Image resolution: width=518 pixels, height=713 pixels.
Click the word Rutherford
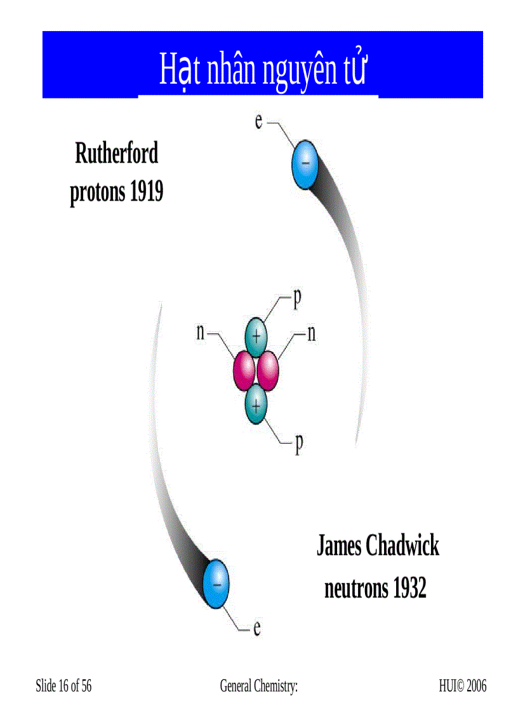(x=116, y=153)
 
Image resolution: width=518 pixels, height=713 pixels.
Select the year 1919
(x=147, y=192)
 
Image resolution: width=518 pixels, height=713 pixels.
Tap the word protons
(x=97, y=193)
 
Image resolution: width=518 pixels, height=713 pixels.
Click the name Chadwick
(x=402, y=545)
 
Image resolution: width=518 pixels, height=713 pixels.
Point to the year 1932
(x=409, y=588)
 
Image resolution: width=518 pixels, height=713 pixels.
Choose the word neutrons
(x=356, y=589)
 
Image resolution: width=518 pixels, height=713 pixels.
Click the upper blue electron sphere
(x=305, y=164)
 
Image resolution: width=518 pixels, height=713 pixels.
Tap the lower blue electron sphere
(x=216, y=584)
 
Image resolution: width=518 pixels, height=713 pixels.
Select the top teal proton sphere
(x=256, y=337)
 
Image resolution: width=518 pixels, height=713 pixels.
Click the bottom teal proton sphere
(x=256, y=404)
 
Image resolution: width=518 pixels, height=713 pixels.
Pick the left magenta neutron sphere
(x=244, y=371)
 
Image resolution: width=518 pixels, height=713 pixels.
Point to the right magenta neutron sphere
(x=267, y=371)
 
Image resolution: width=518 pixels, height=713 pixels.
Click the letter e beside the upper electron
(x=259, y=121)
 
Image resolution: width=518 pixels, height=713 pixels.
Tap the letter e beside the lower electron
(x=257, y=628)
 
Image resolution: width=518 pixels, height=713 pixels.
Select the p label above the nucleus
(x=298, y=299)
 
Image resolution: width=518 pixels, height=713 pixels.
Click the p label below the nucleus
(x=299, y=443)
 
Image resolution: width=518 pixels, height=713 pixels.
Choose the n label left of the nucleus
(x=201, y=333)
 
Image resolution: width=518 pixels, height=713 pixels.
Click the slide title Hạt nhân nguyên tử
(x=263, y=69)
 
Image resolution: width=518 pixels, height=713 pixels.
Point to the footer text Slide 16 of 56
(x=63, y=686)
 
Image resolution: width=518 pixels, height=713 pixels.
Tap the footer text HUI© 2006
(x=463, y=686)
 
